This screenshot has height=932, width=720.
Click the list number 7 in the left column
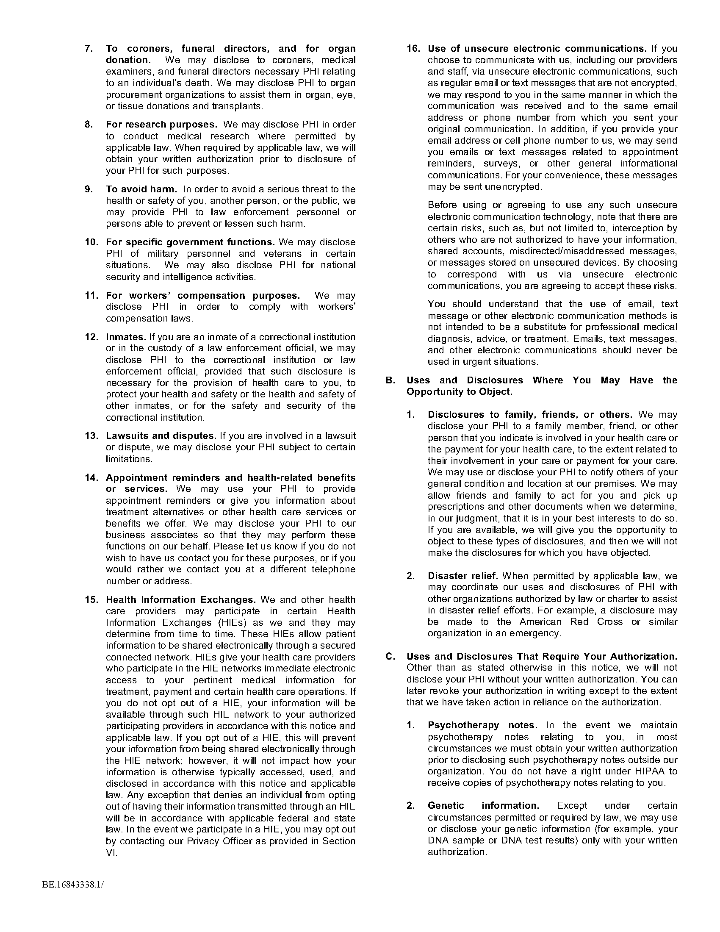pyautogui.click(x=88, y=49)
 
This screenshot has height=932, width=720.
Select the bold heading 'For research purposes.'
pyautogui.click(x=162, y=125)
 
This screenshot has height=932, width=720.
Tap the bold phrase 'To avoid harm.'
pyautogui.click(x=141, y=189)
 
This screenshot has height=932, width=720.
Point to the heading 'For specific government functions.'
pyautogui.click(x=190, y=242)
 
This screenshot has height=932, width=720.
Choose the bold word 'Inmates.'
pyautogui.click(x=126, y=337)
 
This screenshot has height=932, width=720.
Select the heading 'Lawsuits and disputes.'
pyautogui.click(x=161, y=435)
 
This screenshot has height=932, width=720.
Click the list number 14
pyautogui.click(x=91, y=477)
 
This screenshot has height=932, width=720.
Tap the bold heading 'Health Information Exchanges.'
pyautogui.click(x=181, y=599)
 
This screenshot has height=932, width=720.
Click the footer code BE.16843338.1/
pyautogui.click(x=73, y=885)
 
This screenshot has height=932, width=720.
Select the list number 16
pyautogui.click(x=413, y=49)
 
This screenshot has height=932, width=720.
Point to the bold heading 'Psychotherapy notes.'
pyautogui.click(x=482, y=725)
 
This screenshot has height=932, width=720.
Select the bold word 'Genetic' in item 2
pyautogui.click(x=446, y=806)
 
